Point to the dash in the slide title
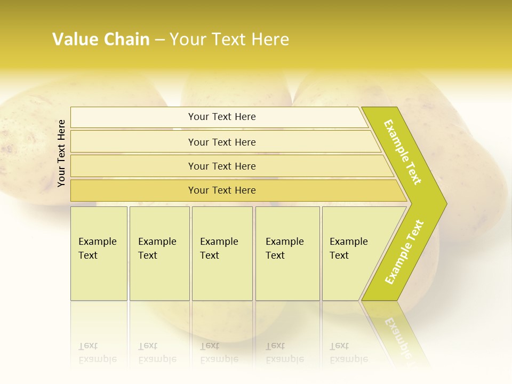point(159,40)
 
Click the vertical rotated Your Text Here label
point(61,154)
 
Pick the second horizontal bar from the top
point(222,142)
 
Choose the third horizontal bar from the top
point(222,166)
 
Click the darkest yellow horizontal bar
point(222,190)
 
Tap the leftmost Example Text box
point(99,253)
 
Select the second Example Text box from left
point(159,253)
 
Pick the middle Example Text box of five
point(222,253)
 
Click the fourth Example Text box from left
point(287,253)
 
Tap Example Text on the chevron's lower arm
point(404,252)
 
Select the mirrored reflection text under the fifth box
point(348,353)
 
